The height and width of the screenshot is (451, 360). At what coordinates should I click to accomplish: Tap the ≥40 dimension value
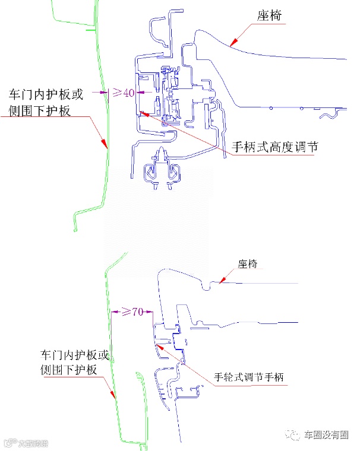pyautogui.click(x=123, y=93)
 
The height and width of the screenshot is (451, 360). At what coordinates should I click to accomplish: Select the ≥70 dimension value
pyautogui.click(x=132, y=312)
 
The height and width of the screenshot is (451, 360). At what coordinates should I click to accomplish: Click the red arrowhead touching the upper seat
pyautogui.click(x=233, y=42)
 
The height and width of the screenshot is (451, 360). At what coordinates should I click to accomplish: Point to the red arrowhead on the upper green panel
pyautogui.click(x=104, y=143)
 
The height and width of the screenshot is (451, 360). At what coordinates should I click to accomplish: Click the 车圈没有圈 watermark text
pyautogui.click(x=326, y=435)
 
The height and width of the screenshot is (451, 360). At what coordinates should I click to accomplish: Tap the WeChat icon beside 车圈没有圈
pyautogui.click(x=294, y=435)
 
